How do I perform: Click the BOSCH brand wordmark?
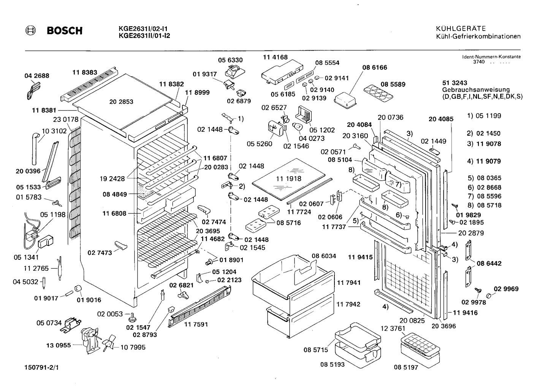(x=65, y=31)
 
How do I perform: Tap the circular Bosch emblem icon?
(x=30, y=31)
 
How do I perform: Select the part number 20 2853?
(x=121, y=101)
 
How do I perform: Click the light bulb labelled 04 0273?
(x=298, y=127)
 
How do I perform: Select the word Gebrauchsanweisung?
(x=476, y=90)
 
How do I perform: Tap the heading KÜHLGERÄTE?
(x=461, y=28)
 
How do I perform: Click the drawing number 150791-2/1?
(x=41, y=368)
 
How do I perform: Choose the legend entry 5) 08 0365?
(x=484, y=178)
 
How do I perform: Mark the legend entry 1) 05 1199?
(x=484, y=115)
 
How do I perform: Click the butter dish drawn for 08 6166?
(x=345, y=100)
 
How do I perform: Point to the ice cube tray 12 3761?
(x=420, y=350)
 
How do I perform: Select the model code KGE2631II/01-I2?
(x=144, y=36)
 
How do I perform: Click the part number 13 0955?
(x=59, y=345)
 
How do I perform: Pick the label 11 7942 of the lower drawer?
(x=348, y=304)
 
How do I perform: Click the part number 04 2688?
(x=37, y=76)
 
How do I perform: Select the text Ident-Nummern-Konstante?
(x=491, y=57)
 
